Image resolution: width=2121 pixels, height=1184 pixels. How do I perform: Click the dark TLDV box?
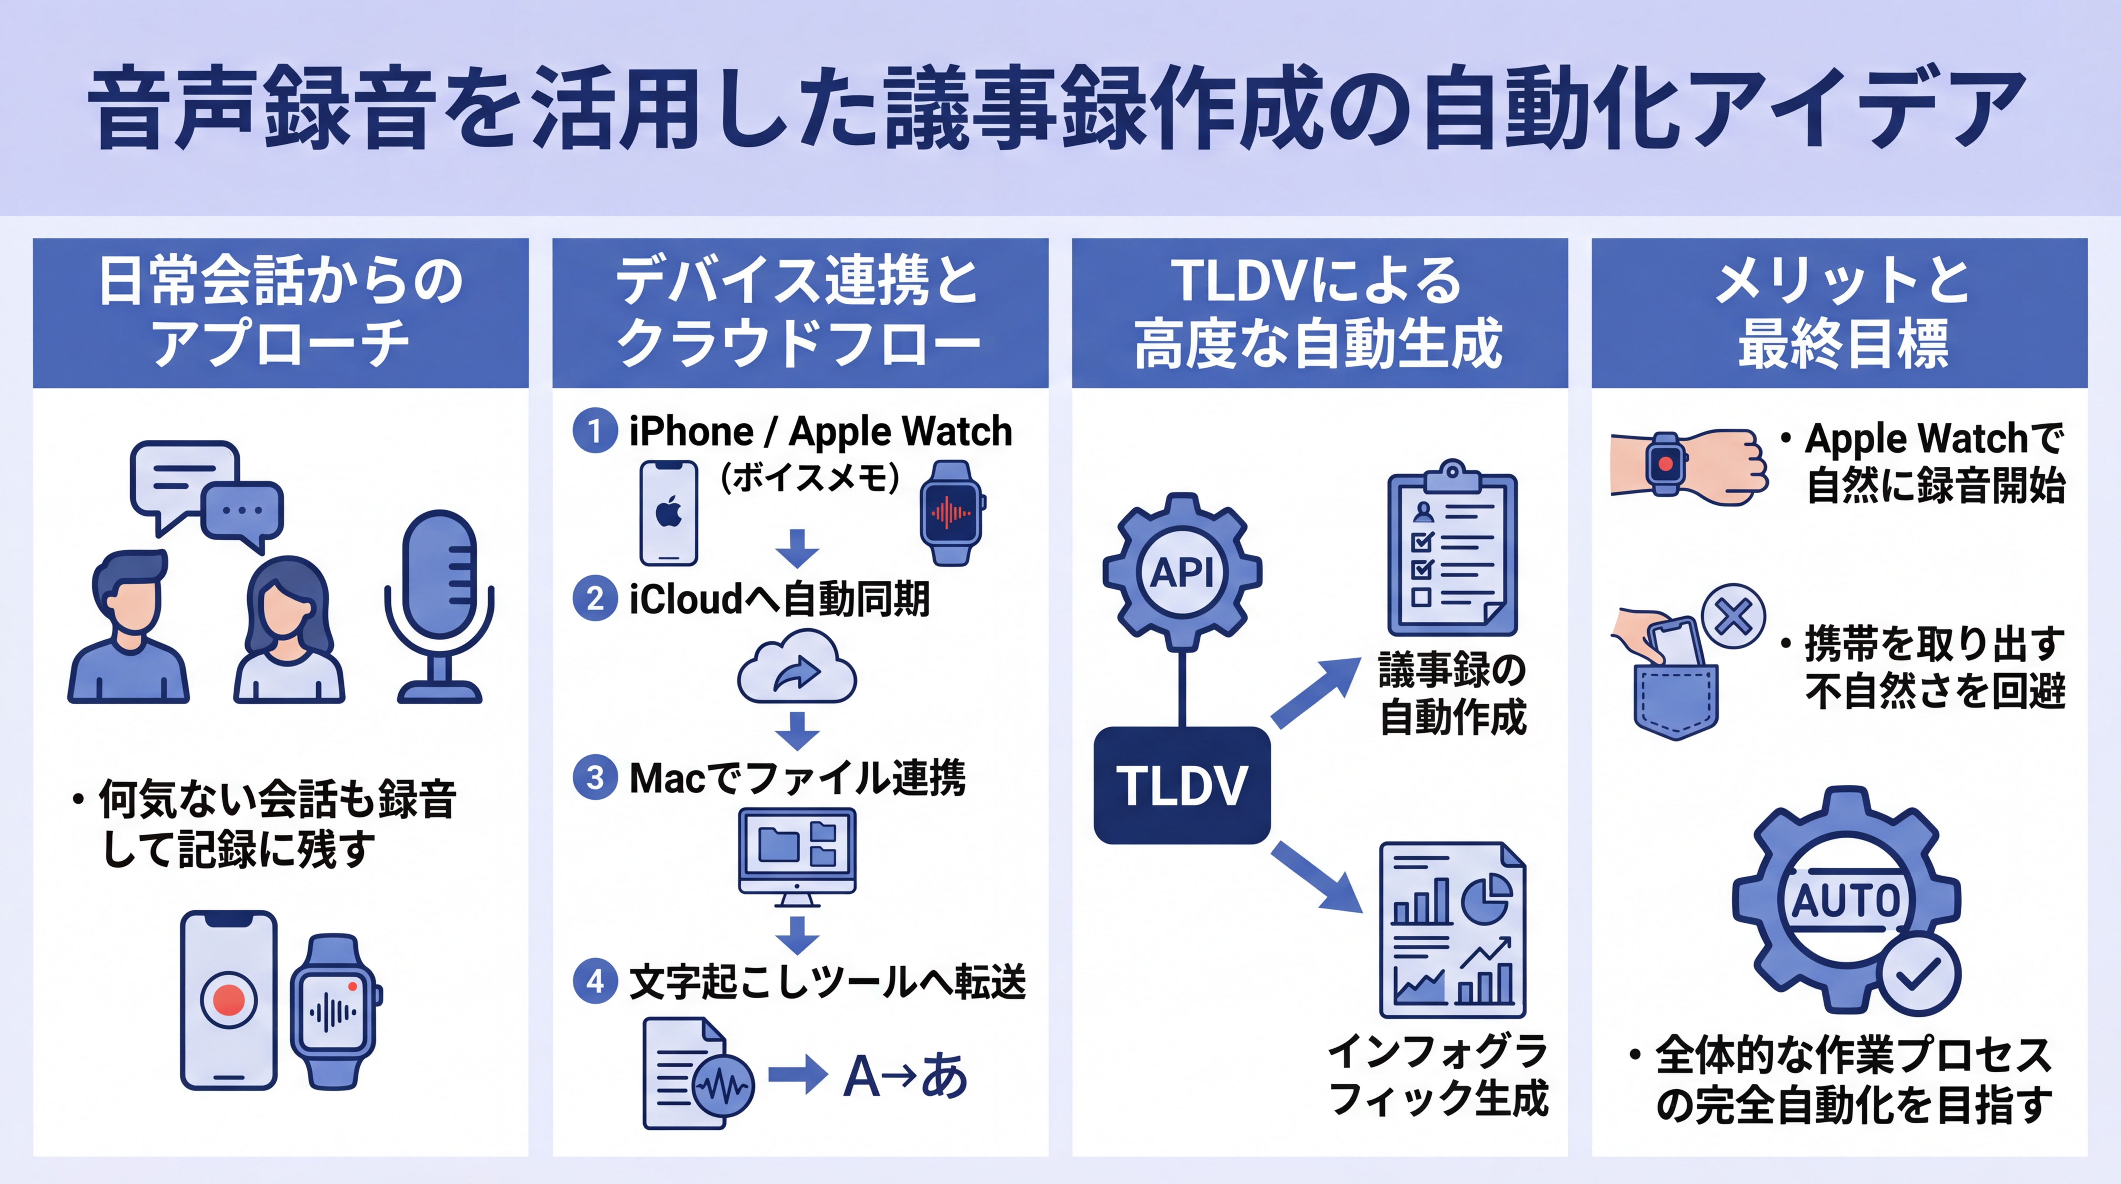pos(1182,785)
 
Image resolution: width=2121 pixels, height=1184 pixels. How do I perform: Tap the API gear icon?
pos(1182,570)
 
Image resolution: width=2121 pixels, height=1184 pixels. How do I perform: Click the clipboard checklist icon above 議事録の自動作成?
pos(1452,548)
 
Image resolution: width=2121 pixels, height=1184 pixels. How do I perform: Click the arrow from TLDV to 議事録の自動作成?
pos(1315,691)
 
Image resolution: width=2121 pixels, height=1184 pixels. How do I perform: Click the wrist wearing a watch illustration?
pos(1688,464)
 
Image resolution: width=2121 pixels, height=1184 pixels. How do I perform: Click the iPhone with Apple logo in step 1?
pos(669,512)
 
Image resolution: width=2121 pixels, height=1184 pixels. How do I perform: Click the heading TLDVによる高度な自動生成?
pos(1319,313)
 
